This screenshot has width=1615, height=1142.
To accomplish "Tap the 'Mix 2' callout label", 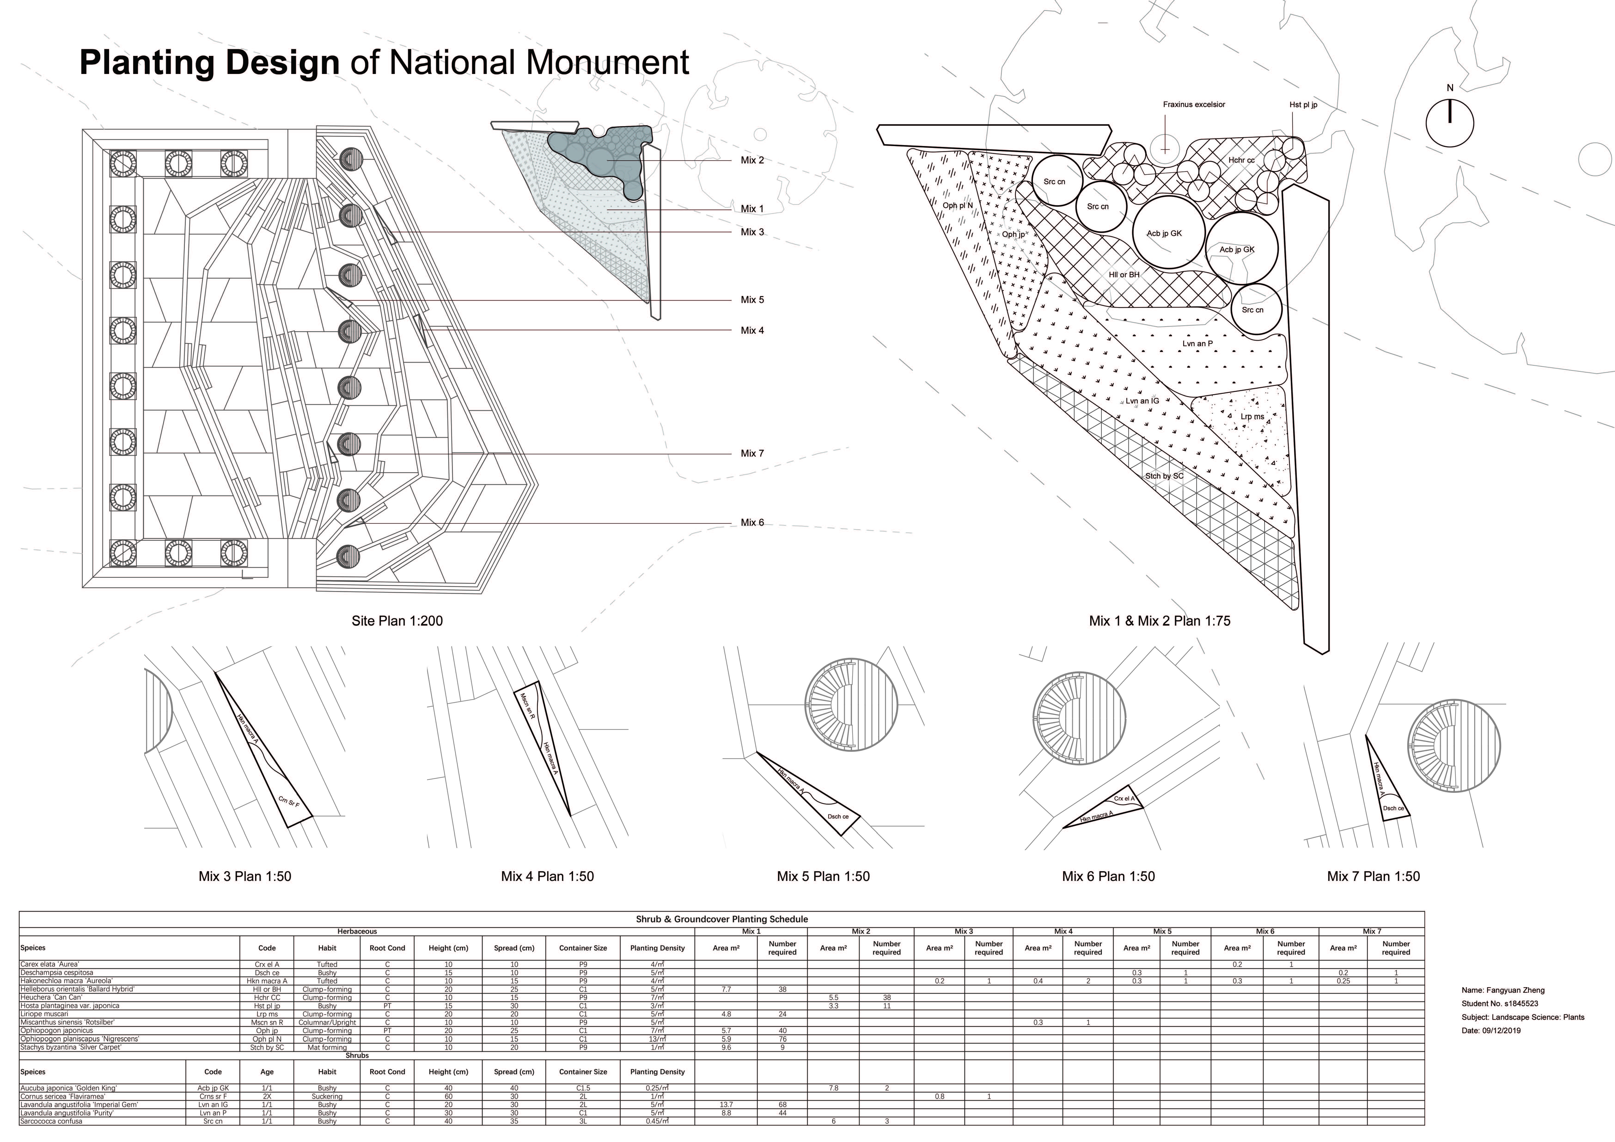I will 752,160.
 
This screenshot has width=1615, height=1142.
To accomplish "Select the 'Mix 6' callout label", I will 752,522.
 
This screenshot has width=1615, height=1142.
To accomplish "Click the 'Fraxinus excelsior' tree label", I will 1194,105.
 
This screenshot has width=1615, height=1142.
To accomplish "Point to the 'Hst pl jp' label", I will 1304,105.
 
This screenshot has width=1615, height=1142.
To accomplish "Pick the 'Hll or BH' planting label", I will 1124,275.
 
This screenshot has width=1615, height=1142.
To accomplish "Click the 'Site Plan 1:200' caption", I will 397,621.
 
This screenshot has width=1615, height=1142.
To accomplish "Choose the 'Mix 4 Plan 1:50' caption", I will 547,876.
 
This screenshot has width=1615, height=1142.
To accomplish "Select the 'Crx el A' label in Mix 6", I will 1124,799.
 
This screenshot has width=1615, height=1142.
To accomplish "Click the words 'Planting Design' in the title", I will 210,63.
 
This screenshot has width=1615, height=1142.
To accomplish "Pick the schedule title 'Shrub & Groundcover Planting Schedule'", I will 722,919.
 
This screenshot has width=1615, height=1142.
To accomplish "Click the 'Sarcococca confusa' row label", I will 51,1121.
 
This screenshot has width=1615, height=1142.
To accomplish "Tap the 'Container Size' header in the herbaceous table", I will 583,948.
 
